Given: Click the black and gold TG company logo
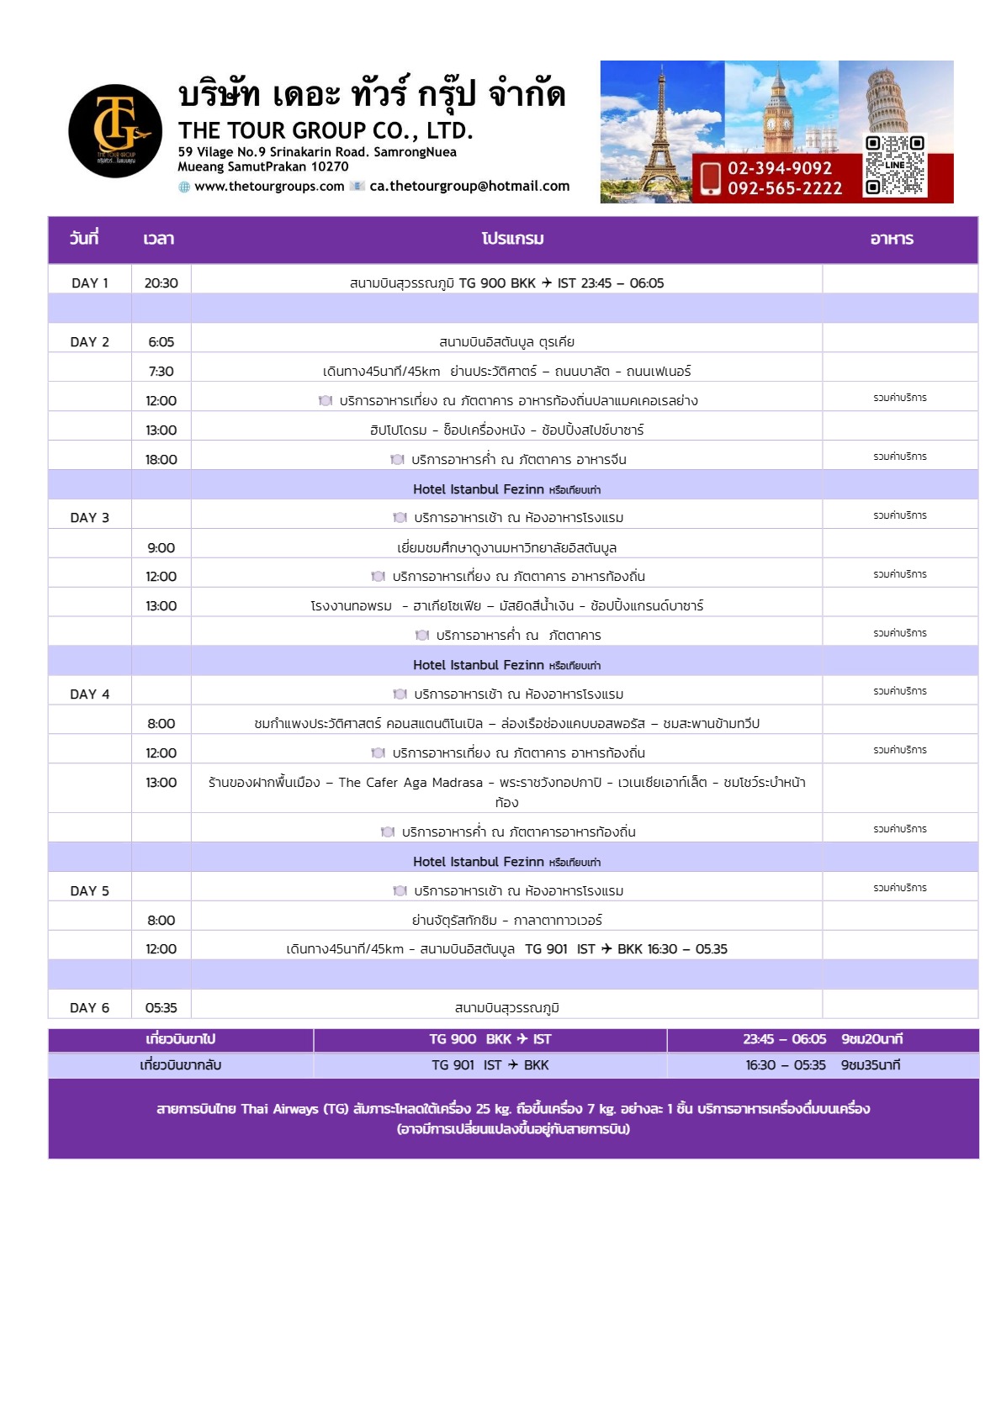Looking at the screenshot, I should (115, 131).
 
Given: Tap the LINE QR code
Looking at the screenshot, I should (895, 166).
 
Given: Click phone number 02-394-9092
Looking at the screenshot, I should (780, 168).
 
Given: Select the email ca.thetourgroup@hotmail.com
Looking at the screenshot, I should (469, 187).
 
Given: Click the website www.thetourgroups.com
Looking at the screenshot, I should (269, 187).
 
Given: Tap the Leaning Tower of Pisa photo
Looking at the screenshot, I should (896, 97).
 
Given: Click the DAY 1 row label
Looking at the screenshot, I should (90, 283).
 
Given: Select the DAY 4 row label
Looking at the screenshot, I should (90, 694).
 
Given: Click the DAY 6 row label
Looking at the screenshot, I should (90, 1008).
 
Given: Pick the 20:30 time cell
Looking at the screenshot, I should (161, 283).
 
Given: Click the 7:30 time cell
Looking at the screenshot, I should (161, 372).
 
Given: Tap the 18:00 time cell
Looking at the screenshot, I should (161, 460).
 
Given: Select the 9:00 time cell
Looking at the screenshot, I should (161, 548).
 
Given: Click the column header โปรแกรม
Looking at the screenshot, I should (512, 240).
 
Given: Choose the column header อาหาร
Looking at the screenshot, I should (892, 240).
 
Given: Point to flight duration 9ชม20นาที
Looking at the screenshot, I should (871, 1039).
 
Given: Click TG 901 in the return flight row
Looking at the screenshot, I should (453, 1065).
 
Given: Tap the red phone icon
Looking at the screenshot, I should (710, 178).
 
